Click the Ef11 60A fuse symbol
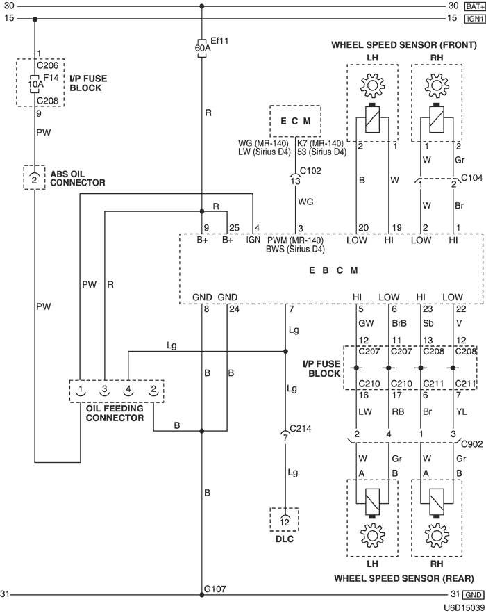tap(201, 48)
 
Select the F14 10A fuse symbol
tap(35, 84)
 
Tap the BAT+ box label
tap(475, 7)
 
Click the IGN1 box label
tap(475, 18)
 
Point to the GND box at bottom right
tap(473, 595)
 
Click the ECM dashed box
tap(295, 121)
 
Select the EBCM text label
tap(333, 270)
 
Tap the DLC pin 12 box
tap(285, 520)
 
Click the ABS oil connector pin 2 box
tap(35, 178)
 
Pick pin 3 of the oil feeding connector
tap(104, 391)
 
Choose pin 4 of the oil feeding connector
tap(128, 391)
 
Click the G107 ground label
tap(215, 589)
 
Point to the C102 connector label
tap(310, 171)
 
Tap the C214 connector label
tap(301, 428)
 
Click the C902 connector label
tap(472, 444)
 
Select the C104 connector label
tap(472, 178)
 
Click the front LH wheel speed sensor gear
tap(372, 85)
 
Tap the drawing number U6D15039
tap(464, 607)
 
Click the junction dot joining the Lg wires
tap(285, 352)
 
